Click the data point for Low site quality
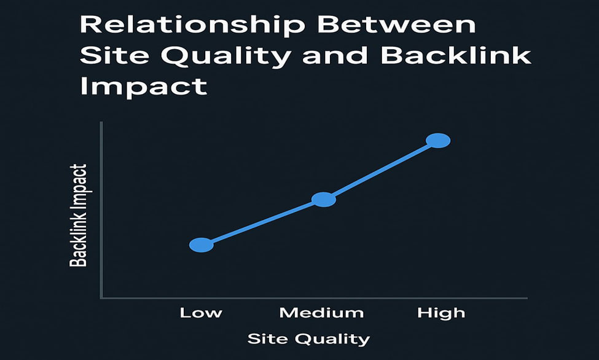(202, 245)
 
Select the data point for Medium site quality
(324, 200)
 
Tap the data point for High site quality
(438, 141)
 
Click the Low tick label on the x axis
(201, 313)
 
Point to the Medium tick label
(322, 313)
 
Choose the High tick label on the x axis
(441, 313)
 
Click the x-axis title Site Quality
(308, 339)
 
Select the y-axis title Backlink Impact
(78, 215)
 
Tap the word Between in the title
(396, 25)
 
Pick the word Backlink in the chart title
(456, 56)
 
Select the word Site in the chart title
(114, 56)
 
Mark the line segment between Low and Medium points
(262, 222)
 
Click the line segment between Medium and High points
(381, 170)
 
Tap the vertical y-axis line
(101, 210)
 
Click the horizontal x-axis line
(314, 298)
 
